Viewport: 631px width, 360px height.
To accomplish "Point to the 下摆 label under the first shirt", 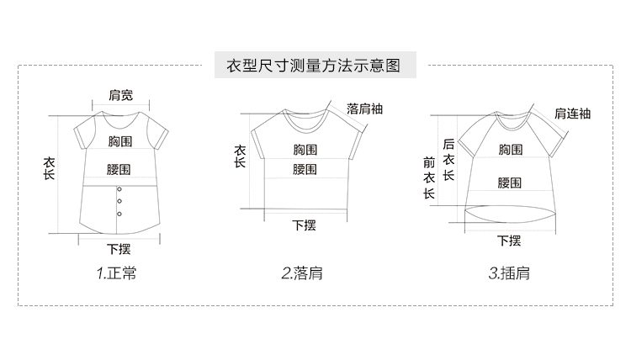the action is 119,249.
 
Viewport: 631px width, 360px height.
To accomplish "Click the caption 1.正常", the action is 116,273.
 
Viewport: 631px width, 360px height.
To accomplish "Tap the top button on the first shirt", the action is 119,190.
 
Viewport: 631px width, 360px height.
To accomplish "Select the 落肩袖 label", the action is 363,109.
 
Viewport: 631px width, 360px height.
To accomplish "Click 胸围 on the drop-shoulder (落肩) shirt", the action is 305,150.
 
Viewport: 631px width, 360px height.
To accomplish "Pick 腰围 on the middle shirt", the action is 305,170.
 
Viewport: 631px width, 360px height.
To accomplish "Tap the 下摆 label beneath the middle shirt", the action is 304,225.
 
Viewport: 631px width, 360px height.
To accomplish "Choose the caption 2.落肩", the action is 303,273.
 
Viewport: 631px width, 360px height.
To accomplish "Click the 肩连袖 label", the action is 572,114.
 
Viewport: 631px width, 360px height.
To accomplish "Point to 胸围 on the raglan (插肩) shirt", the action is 510,150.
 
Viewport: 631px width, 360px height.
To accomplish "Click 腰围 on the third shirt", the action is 509,183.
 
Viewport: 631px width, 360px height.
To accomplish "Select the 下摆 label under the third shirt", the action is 509,241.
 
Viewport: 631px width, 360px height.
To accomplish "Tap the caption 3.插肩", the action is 509,273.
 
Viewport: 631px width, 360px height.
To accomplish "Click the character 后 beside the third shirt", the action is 448,145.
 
